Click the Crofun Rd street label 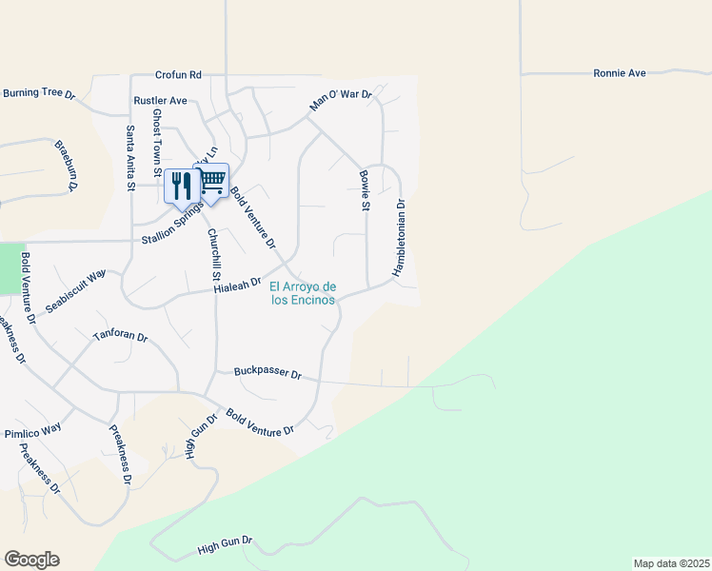[x=180, y=74]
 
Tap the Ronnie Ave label [x=620, y=72]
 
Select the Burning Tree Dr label [x=38, y=93]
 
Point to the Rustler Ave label [x=160, y=100]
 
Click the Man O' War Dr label [x=340, y=99]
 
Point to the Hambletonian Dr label [x=401, y=238]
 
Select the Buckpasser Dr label [x=267, y=375]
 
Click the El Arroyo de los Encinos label [x=303, y=293]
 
